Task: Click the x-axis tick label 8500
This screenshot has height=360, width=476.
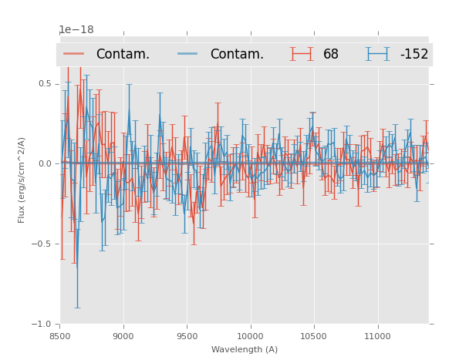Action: (60, 336)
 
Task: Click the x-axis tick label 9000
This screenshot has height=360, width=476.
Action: (123, 336)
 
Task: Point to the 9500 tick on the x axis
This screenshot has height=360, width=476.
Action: (187, 336)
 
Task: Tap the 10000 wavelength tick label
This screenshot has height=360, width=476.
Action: (250, 336)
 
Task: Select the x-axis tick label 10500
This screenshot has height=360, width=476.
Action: (313, 336)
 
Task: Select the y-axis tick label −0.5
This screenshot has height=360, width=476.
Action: (42, 244)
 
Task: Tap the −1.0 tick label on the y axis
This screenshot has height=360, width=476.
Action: (42, 324)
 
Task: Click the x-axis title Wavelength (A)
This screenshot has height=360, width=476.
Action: (245, 349)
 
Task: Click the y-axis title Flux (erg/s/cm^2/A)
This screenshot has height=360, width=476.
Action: (22, 180)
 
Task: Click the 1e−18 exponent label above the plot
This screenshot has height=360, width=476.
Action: (76, 30)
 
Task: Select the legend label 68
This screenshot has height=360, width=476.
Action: (331, 55)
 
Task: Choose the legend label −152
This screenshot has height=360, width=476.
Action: (414, 55)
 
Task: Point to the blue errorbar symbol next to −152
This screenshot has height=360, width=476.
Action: (378, 54)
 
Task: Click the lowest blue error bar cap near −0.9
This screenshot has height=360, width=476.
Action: (76, 308)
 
